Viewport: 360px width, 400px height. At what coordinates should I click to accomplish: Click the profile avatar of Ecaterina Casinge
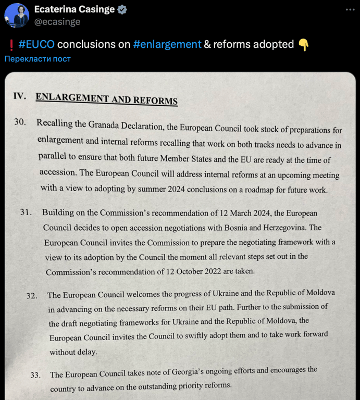[x=16, y=15]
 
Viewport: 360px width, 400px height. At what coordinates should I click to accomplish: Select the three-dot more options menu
[x=347, y=10]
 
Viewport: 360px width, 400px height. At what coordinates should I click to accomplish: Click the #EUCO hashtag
[x=36, y=44]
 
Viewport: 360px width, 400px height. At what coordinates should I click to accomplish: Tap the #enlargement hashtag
[x=167, y=44]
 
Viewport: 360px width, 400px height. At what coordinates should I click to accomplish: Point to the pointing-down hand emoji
[x=304, y=45]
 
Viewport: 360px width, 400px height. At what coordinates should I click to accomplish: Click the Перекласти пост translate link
[x=38, y=59]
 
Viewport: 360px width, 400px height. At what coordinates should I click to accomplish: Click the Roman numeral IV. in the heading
[x=20, y=96]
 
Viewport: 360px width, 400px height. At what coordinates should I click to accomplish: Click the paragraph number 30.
[x=21, y=123]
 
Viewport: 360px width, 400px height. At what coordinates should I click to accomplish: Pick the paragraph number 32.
[x=32, y=295]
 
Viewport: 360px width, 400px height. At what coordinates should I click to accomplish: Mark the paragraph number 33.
[x=35, y=374]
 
